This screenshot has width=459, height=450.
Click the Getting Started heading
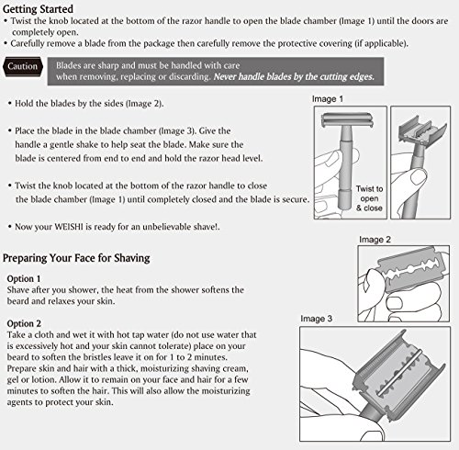pyautogui.click(x=38, y=9)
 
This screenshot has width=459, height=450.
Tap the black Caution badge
pyautogui.click(x=23, y=66)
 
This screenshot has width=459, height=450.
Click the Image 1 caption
pyautogui.click(x=328, y=99)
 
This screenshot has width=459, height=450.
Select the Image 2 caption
pyautogui.click(x=375, y=240)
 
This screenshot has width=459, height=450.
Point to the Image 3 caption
pyautogui.click(x=316, y=319)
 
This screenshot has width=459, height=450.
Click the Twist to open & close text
pyautogui.click(x=369, y=198)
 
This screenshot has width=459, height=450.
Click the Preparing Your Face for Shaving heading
pyautogui.click(x=76, y=258)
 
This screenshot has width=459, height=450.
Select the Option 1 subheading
pyautogui.click(x=24, y=278)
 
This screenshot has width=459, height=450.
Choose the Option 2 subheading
pyautogui.click(x=24, y=323)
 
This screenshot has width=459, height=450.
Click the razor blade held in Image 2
pyautogui.click(x=411, y=269)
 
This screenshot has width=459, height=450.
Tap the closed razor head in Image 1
pyautogui.click(x=347, y=120)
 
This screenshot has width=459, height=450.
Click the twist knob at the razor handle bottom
pyautogui.click(x=345, y=199)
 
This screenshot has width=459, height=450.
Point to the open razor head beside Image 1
pyautogui.click(x=421, y=131)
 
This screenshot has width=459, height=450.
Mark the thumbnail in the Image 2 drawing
pyautogui.click(x=395, y=303)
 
